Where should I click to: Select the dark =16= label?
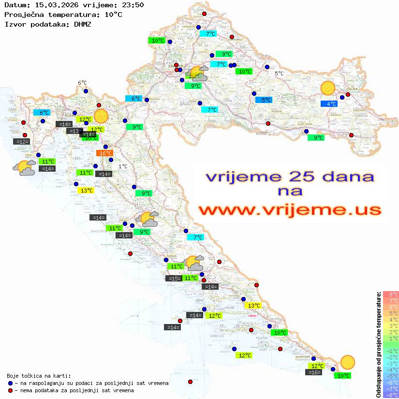point(314,372)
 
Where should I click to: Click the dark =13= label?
point(74,131)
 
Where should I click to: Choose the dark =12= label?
point(22,142)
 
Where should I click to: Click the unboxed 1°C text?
point(123,166)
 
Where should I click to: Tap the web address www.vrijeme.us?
point(290,210)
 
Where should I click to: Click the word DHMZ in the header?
point(82,24)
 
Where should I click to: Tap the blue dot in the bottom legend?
point(11,383)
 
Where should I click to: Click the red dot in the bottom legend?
point(11,390)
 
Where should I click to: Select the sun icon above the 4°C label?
point(328,89)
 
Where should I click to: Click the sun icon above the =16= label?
point(347,362)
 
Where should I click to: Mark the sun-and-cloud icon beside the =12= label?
point(24,168)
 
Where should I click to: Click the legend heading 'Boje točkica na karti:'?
point(39,376)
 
